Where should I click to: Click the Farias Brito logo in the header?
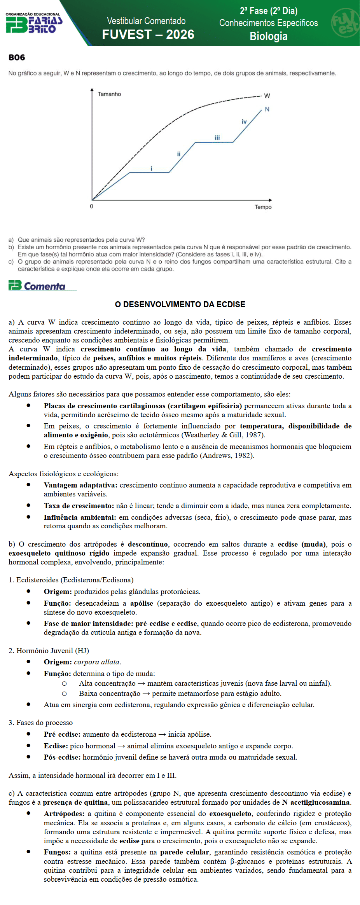pos(34,23)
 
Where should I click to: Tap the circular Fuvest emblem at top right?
pos(345,23)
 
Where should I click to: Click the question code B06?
pos(17,58)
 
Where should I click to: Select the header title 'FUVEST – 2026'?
pos(148,35)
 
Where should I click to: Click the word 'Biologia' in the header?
pos(268,37)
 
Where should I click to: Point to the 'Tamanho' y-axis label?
pos(109,94)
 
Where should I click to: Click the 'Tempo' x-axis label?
pos(263,207)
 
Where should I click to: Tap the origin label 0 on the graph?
pos(92,206)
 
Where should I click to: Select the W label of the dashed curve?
pos(267,96)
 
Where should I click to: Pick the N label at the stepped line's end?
pos(267,109)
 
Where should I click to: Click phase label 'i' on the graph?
pos(152,169)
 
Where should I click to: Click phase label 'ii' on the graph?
pos(179,154)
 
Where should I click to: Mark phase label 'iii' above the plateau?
pos(217,138)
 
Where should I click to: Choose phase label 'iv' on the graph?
pos(244,122)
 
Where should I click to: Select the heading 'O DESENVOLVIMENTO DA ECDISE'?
pos(180,304)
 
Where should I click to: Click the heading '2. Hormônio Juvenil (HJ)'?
pos(49,650)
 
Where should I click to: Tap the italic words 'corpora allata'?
pos(97,662)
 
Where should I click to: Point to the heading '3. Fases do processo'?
pos(40,723)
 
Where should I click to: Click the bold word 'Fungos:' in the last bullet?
pos(57,852)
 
